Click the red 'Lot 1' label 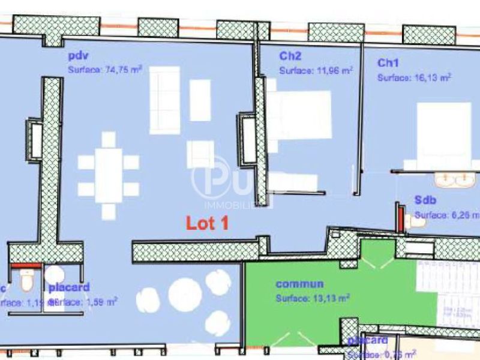click(x=207, y=223)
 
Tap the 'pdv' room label click(x=78, y=57)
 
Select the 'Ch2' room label click(x=290, y=56)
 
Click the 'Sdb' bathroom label click(x=425, y=200)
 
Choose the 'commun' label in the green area click(x=299, y=284)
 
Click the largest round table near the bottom click(x=184, y=294)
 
